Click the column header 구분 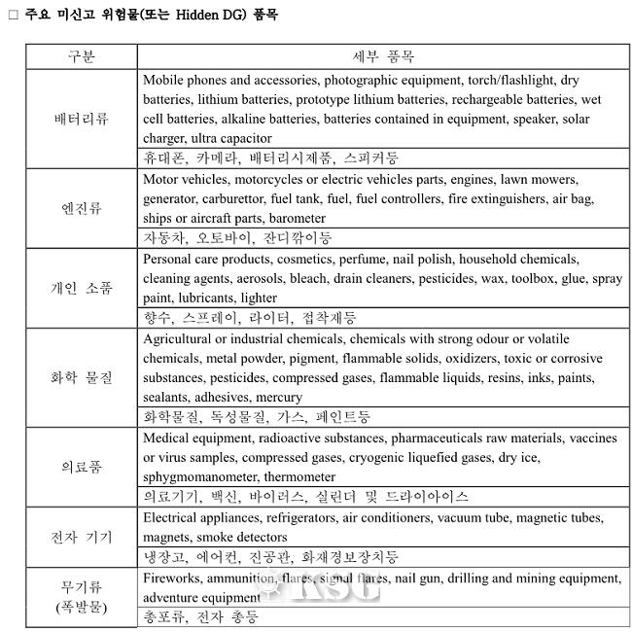click(82, 55)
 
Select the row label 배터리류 click(82, 119)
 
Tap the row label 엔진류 click(82, 208)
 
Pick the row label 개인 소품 click(82, 288)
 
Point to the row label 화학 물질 click(82, 377)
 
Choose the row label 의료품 click(82, 467)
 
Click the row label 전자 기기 click(82, 537)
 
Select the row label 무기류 click(82, 586)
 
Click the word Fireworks click(171, 578)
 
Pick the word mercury click(279, 397)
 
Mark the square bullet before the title click(13, 16)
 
